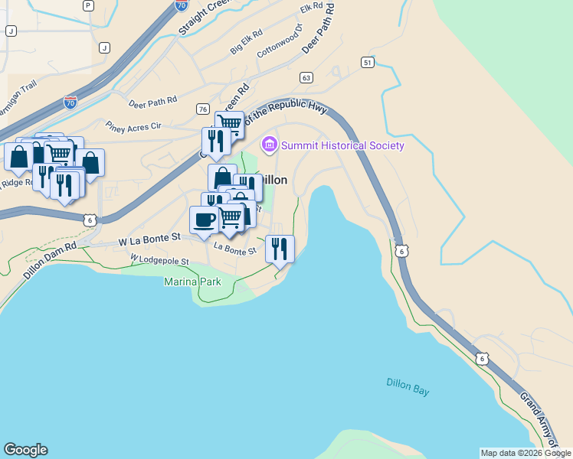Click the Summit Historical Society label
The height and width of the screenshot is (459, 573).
(342, 145)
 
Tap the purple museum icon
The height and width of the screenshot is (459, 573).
(269, 144)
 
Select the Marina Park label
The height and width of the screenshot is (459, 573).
(193, 282)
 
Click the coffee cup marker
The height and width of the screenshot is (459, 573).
(204, 220)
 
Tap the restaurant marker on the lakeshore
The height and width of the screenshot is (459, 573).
(280, 248)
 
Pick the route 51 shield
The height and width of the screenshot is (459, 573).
(369, 62)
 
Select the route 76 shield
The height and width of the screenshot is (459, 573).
(203, 109)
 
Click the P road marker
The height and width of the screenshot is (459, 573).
(88, 5)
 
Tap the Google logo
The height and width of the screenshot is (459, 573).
(25, 450)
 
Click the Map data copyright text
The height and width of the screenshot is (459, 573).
(525, 453)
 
